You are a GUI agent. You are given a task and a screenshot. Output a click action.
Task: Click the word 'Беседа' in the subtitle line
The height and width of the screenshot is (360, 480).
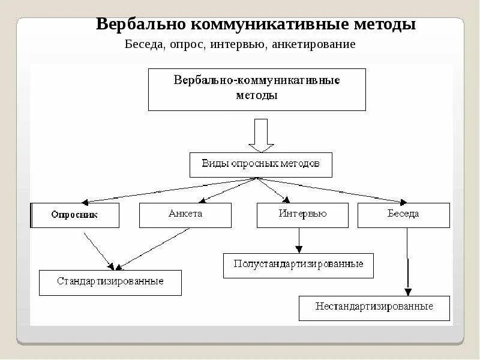(x=144, y=45)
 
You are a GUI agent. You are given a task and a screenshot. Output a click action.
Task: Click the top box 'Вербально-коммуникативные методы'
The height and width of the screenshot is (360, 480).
(x=257, y=89)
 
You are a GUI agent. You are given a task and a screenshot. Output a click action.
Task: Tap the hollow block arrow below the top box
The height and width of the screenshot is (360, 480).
(x=261, y=135)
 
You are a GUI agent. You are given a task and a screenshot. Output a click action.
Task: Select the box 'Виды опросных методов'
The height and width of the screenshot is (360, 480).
(x=260, y=164)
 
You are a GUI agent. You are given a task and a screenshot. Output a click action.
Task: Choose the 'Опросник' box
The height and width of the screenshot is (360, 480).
(x=75, y=215)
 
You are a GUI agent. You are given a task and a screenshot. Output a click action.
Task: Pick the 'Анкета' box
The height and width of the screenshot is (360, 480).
(x=185, y=215)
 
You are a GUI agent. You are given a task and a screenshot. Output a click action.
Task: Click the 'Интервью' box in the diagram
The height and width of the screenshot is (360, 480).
(x=303, y=215)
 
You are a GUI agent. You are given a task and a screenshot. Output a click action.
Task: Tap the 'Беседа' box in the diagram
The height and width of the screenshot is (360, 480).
(x=404, y=215)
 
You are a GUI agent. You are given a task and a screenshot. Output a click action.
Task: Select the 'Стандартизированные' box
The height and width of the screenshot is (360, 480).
(x=110, y=282)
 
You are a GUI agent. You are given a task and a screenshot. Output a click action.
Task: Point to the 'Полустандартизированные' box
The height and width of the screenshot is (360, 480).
(x=298, y=265)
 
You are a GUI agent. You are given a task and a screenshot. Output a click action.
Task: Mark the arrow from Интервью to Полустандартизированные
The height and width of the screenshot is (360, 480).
(x=299, y=241)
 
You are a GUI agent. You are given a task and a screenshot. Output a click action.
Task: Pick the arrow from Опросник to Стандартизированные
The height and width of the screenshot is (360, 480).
(x=98, y=249)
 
